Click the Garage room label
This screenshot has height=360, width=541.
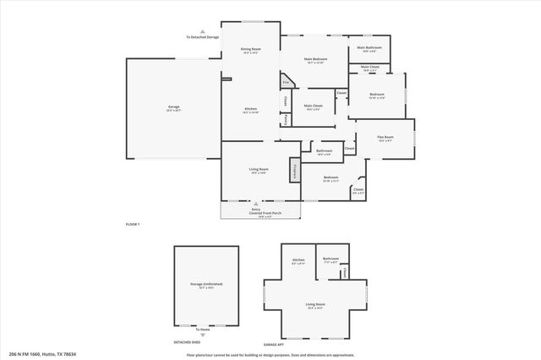(173, 107)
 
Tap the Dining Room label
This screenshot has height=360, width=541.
(250, 50)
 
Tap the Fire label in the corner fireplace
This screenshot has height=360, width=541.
(287, 81)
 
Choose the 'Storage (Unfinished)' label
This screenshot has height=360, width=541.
(206, 284)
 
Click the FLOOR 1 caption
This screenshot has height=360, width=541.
(132, 224)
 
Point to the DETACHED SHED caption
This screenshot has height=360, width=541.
(187, 342)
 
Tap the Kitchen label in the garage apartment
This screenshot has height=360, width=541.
(298, 259)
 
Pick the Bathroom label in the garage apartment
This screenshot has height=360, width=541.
(331, 259)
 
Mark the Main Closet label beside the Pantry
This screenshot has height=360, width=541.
(313, 106)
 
